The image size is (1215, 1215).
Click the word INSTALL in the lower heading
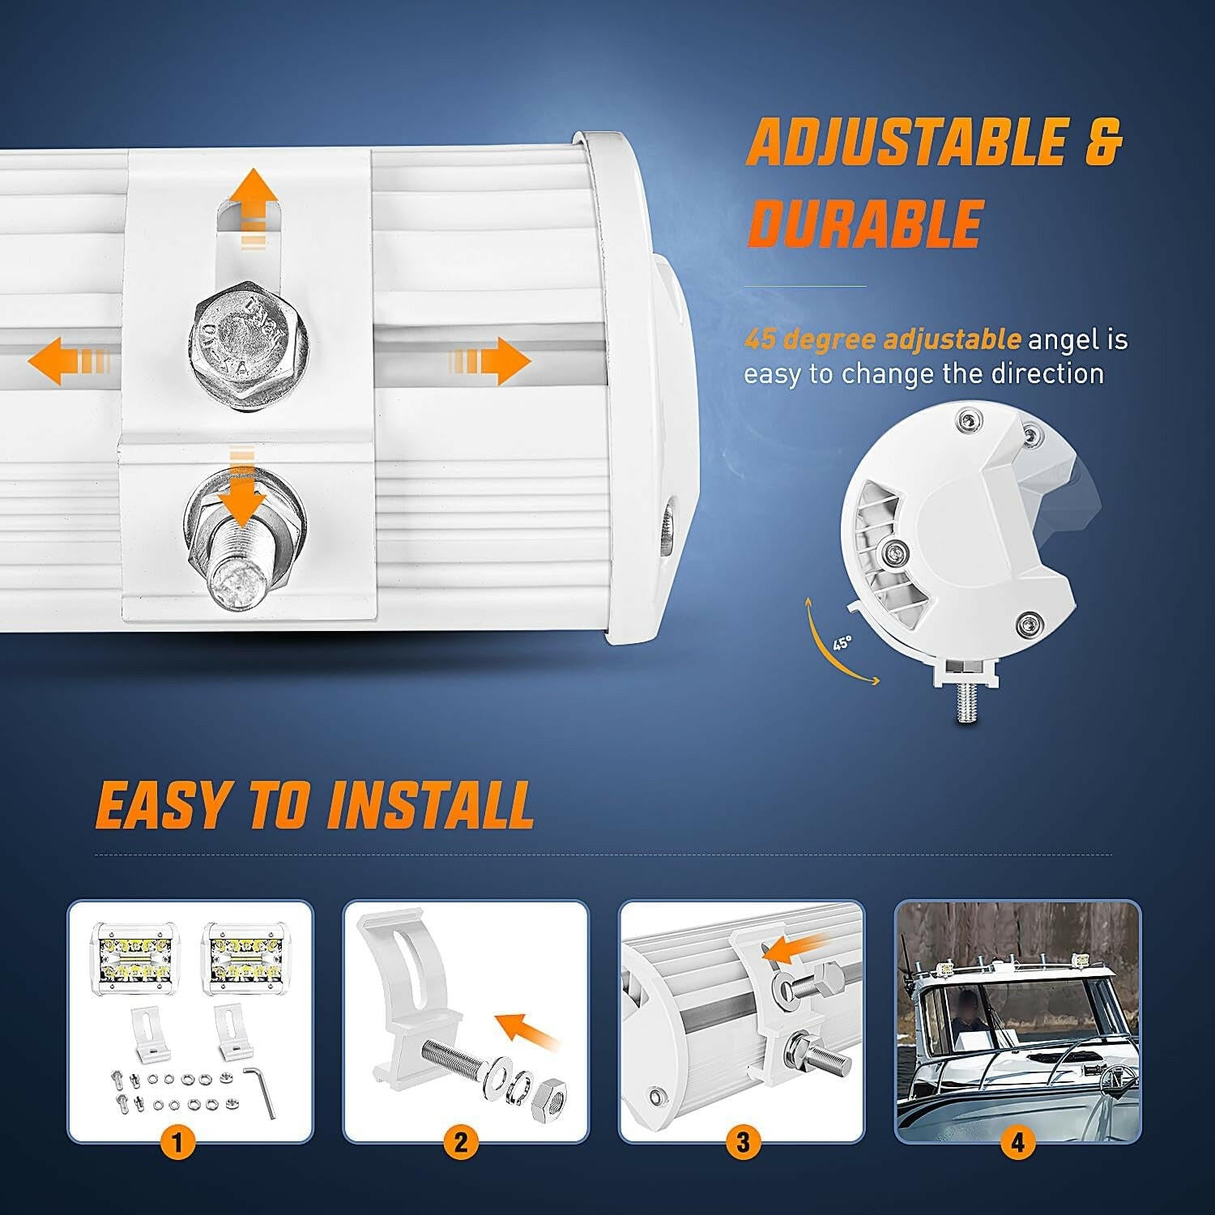point(430,805)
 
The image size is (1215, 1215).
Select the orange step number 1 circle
point(177,1142)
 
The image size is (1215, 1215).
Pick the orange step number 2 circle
point(460,1142)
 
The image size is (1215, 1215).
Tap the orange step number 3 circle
point(742,1142)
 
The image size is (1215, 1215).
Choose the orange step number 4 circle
point(1017,1142)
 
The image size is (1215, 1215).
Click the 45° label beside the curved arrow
point(842,643)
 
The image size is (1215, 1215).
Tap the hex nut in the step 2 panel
point(549,1099)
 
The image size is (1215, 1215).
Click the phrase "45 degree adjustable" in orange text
point(882,339)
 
